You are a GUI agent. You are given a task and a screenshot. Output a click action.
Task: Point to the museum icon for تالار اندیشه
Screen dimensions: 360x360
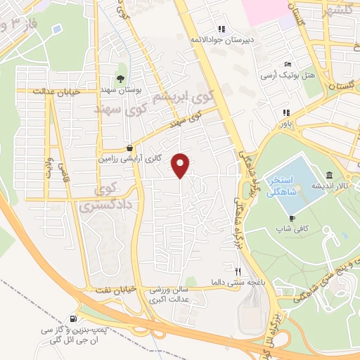329,175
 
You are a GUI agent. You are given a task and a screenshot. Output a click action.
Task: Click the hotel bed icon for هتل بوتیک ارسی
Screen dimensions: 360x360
287,64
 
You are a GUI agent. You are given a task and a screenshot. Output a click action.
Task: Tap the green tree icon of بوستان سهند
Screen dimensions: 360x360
121,79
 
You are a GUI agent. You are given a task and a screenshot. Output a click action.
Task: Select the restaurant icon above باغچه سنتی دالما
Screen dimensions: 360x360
238,271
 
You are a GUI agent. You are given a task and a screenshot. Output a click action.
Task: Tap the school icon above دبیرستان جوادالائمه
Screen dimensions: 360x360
222,29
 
